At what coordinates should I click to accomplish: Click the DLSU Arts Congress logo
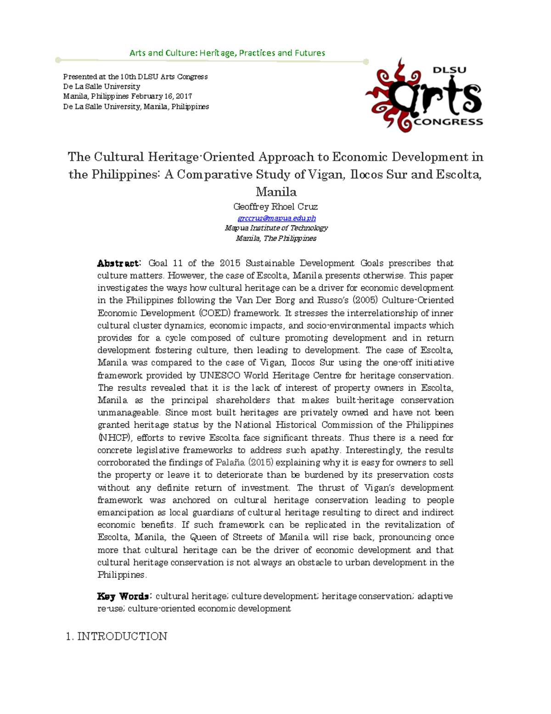point(424,95)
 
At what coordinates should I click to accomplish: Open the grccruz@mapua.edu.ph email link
point(276,218)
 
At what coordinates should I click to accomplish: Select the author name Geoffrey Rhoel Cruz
point(275,206)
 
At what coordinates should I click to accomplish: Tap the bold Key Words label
point(123,596)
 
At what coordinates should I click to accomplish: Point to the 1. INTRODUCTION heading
point(117,636)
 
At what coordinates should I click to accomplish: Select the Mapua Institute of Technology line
point(276,228)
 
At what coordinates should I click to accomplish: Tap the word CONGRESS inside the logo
point(448,122)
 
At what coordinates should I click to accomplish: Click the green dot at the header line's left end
point(58,60)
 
